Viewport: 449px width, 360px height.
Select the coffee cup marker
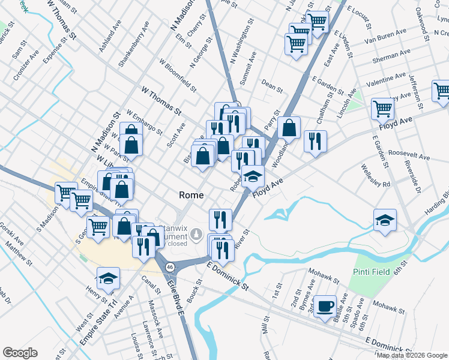coord(325,307)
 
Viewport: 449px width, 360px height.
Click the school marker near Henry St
coord(108,279)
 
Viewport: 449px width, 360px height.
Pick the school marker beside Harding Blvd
coord(385,220)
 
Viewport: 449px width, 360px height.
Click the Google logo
coord(20,353)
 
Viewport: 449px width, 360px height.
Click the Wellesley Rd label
coord(377,179)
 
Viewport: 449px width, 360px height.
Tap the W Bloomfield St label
coord(177,75)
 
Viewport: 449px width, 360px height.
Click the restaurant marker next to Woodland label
coord(315,142)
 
